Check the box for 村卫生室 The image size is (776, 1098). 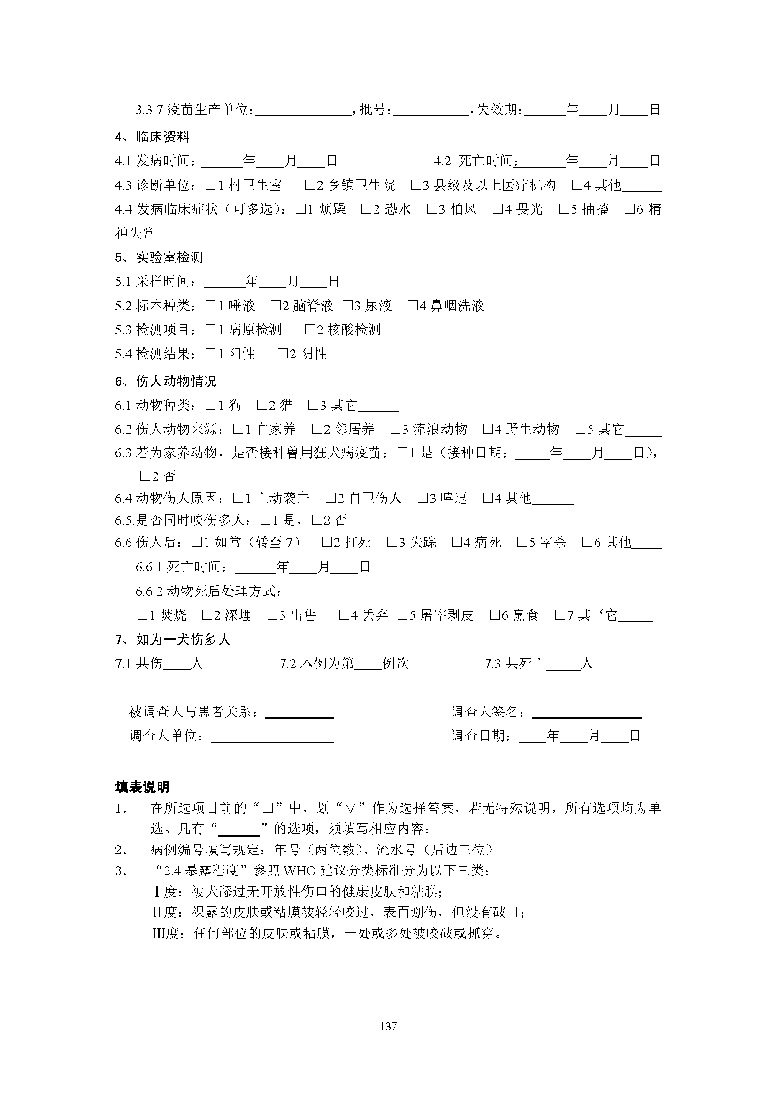(x=210, y=185)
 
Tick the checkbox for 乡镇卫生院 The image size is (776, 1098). (x=310, y=185)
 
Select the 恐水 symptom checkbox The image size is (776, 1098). (x=366, y=209)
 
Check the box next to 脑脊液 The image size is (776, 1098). (x=276, y=306)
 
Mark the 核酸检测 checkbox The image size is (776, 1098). (x=310, y=330)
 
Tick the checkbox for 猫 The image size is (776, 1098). (x=262, y=406)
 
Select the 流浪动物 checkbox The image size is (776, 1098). (x=395, y=429)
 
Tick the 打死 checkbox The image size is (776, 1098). (x=327, y=542)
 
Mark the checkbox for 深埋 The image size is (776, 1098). (x=207, y=615)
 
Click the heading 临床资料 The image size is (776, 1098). (x=162, y=137)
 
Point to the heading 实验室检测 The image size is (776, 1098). (x=169, y=258)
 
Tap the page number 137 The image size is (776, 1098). (x=388, y=1026)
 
